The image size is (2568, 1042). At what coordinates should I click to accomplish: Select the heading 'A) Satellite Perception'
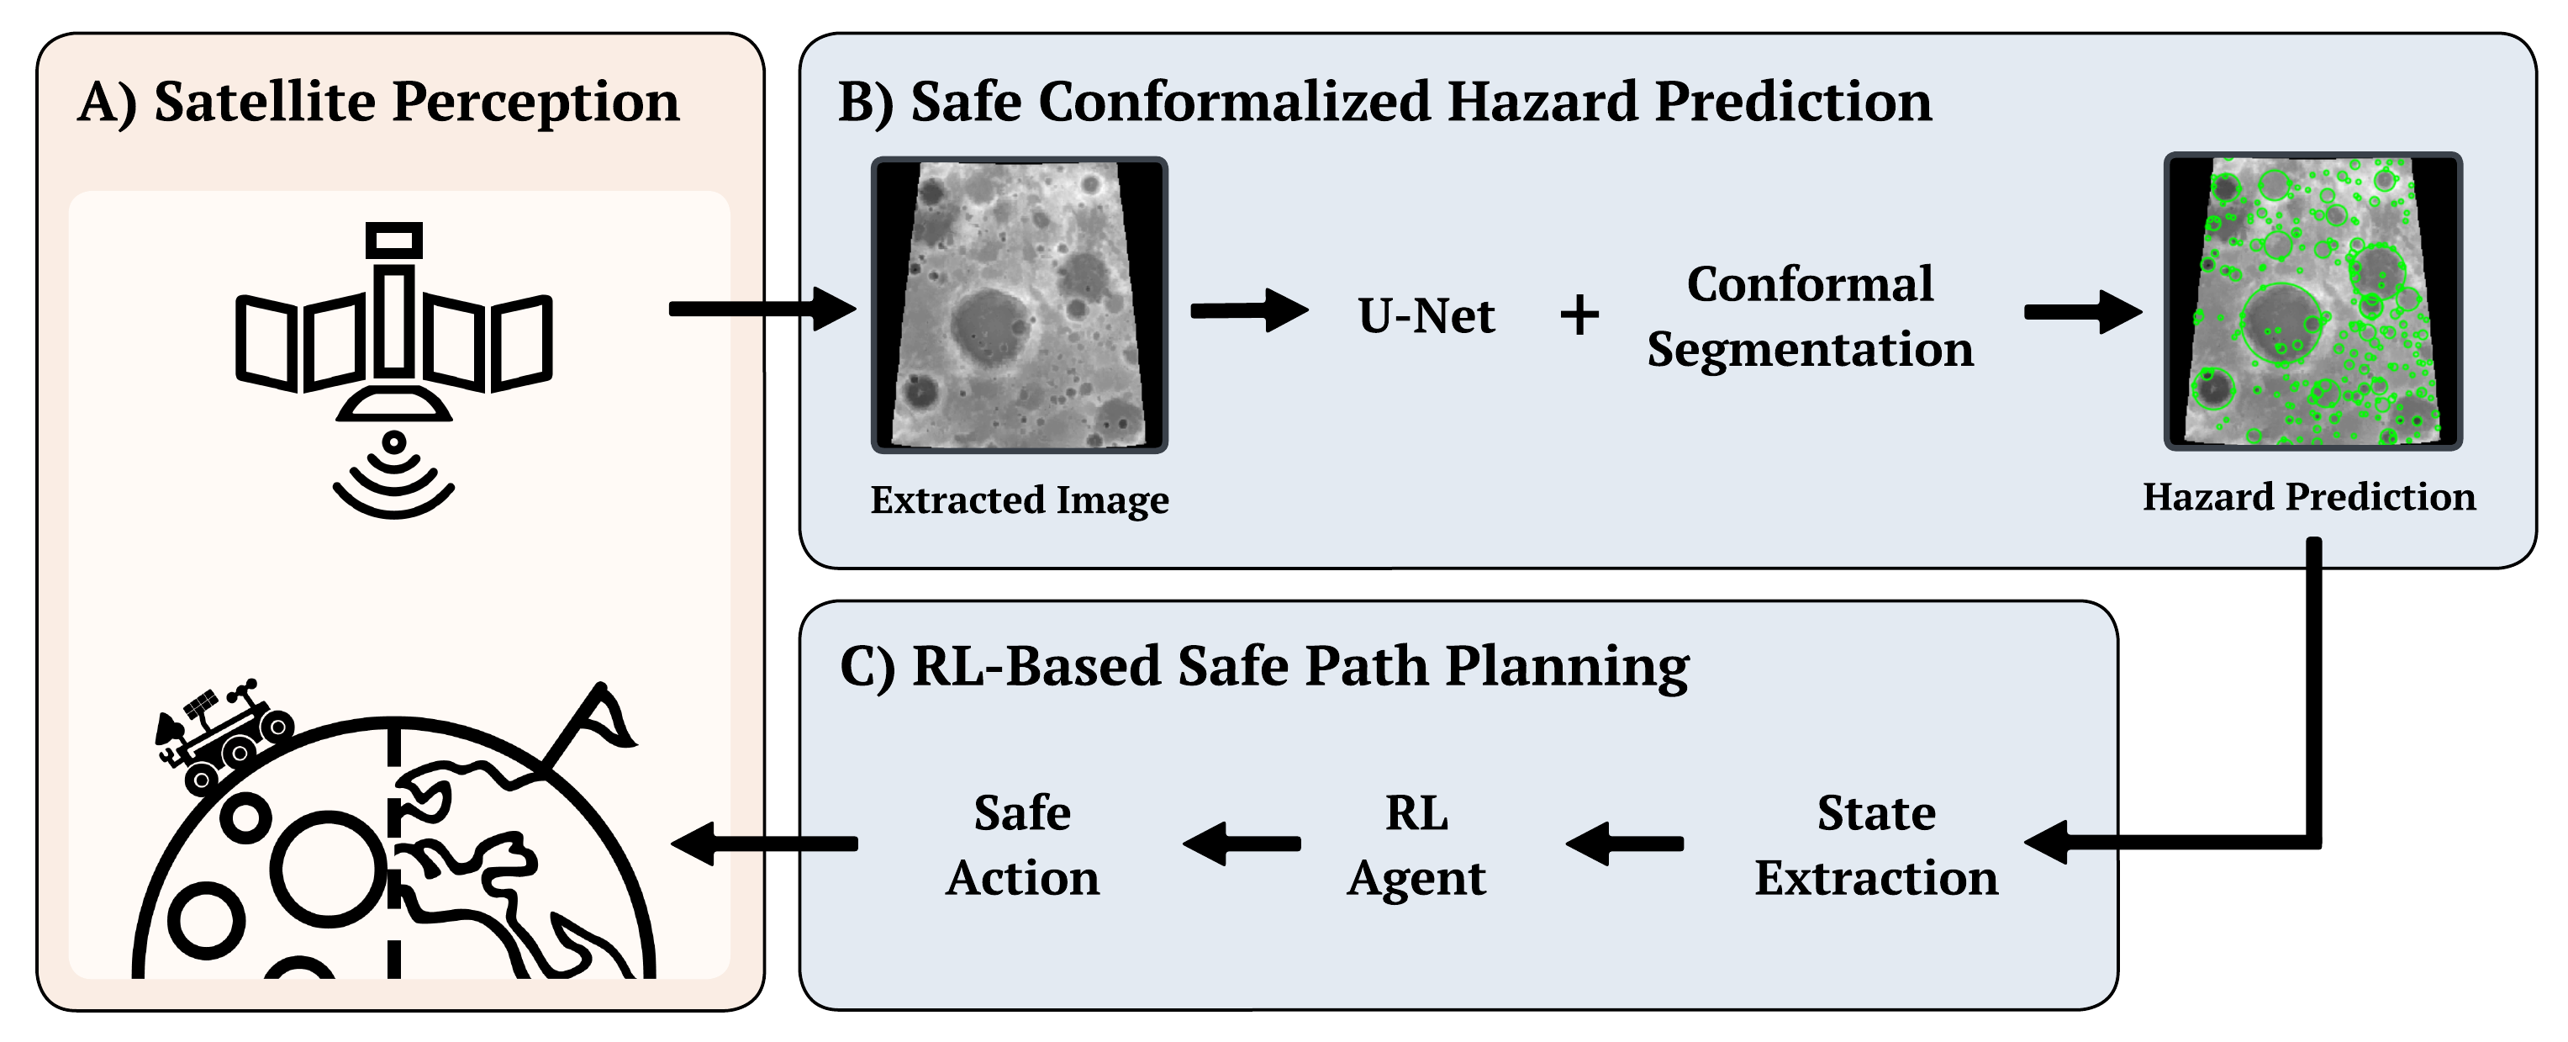[x=379, y=102]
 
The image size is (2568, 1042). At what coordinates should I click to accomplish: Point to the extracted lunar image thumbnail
[x=1019, y=305]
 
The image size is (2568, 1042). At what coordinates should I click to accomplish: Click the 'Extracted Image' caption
[x=1019, y=500]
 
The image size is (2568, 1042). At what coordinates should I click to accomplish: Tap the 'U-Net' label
[x=1426, y=316]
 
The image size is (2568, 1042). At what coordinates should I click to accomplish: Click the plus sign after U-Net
[x=1579, y=316]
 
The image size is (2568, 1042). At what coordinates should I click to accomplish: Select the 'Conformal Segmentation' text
[x=1809, y=316]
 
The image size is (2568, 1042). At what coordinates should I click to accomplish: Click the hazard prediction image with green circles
[x=2312, y=301]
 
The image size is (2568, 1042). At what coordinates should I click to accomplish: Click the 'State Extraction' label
[x=1876, y=844]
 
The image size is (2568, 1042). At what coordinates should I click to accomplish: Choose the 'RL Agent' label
[x=1416, y=844]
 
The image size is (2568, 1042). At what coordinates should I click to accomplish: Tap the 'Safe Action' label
[x=1022, y=844]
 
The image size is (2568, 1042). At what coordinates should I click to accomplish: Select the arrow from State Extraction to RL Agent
[x=1625, y=844]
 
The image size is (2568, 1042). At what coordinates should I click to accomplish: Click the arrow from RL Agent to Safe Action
[x=1242, y=844]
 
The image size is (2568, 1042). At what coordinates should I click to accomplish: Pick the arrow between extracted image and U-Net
[x=1248, y=310]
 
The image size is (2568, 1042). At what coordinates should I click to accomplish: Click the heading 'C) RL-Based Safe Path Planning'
[x=1264, y=666]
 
